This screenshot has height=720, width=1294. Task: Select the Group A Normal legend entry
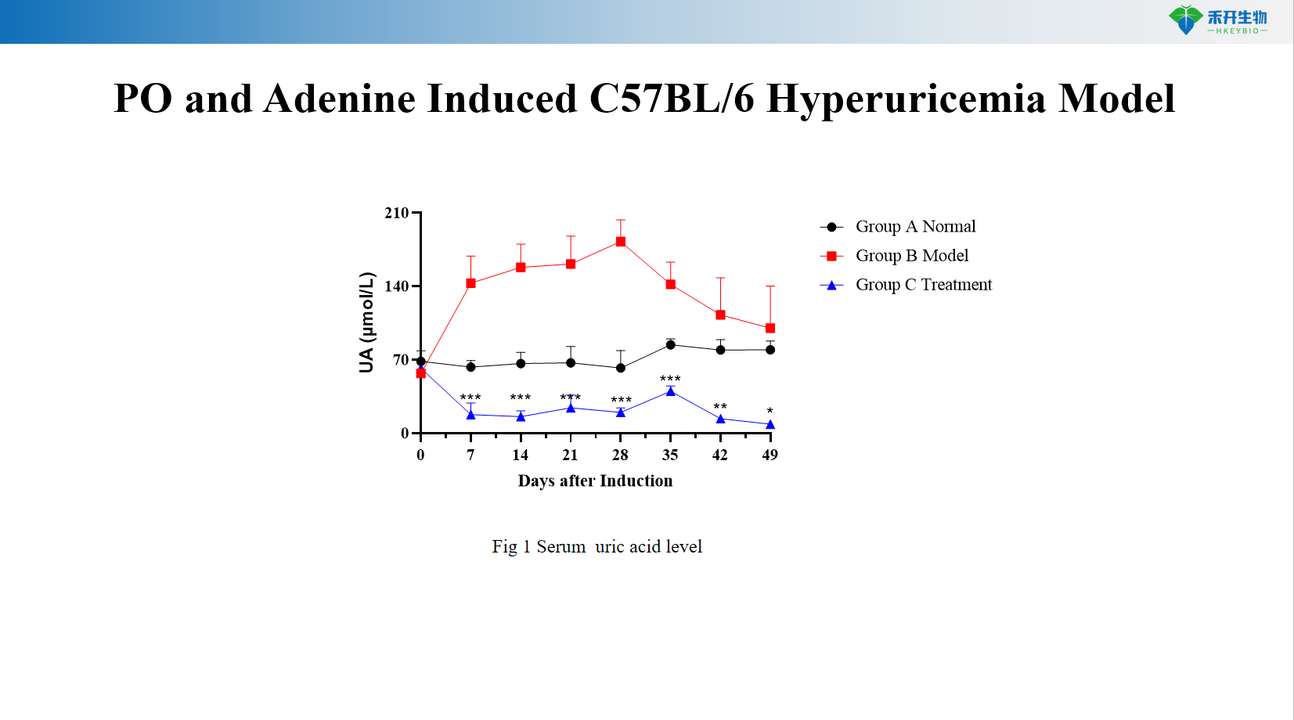tap(914, 227)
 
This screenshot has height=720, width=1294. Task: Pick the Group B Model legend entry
tap(911, 256)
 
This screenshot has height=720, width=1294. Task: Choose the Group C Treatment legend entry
tap(923, 285)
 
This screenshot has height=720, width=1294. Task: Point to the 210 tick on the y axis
tap(397, 213)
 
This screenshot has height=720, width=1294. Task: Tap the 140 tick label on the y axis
tap(397, 286)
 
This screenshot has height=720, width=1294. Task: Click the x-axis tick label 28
tap(620, 455)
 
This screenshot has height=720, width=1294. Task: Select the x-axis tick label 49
tap(770, 455)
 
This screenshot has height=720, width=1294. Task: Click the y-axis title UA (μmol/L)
tap(367, 322)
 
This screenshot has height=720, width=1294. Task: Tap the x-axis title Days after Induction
tap(595, 481)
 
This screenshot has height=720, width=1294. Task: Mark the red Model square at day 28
tap(621, 242)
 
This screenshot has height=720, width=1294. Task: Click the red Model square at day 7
tap(470, 283)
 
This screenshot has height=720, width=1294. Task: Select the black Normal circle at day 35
tap(671, 345)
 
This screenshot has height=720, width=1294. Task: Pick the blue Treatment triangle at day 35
tap(671, 391)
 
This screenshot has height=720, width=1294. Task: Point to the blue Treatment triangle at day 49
tap(770, 425)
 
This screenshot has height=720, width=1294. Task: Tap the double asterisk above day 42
tap(720, 407)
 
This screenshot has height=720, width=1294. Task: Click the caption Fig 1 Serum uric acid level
tap(597, 547)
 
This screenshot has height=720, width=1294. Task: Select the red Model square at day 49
tap(770, 329)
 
